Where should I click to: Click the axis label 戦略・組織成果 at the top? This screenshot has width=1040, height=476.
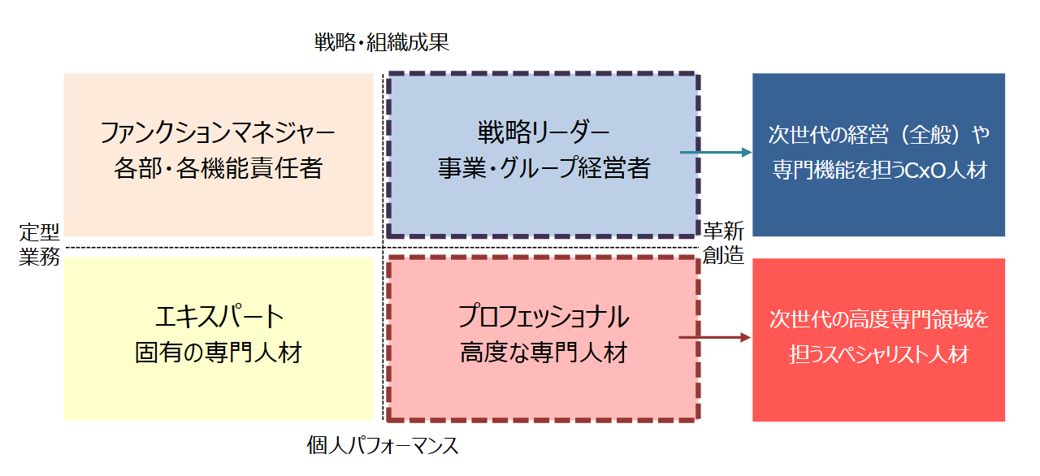tap(382, 43)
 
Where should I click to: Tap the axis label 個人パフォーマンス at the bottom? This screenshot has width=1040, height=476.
tap(382, 445)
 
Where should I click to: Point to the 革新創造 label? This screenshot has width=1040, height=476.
tap(723, 243)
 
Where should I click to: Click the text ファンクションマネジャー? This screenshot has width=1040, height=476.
tap(218, 132)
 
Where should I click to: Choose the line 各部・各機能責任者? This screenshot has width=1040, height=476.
tap(218, 168)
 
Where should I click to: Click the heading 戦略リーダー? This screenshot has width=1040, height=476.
tap(543, 132)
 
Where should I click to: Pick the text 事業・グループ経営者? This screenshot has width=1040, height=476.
tap(543, 168)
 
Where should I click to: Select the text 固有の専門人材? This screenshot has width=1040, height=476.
tap(218, 353)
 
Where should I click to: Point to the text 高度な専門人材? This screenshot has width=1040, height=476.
tap(543, 353)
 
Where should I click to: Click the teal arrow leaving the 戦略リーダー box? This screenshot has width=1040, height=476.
tap(715, 153)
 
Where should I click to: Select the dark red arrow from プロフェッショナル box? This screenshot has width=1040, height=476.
tap(715, 337)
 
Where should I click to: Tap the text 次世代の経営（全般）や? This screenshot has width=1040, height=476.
tap(878, 134)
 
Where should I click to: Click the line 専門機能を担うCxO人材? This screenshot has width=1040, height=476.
tap(878, 171)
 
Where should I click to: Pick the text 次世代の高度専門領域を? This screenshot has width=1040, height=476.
tap(878, 318)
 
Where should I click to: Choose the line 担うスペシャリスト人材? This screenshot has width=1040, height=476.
tap(878, 355)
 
